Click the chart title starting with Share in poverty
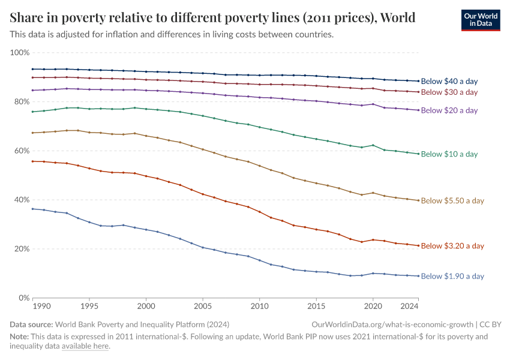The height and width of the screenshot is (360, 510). pos(212,17)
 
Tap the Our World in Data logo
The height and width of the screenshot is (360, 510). pos(480,19)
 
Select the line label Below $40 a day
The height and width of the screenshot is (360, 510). pos(449,81)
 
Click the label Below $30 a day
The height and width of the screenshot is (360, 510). pos(449,92)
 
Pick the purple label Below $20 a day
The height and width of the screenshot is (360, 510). pos(449,110)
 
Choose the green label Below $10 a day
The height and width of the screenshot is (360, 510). pos(449,154)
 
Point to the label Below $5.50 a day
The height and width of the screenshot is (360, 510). pos(452,201)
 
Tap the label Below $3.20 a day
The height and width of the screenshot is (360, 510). pos(452,246)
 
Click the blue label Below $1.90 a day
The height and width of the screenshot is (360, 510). pos(452,277)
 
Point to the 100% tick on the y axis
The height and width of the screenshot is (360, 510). pos(20,53)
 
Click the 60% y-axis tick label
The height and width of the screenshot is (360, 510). pos(22,151)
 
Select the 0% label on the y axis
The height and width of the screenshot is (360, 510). pos(24,298)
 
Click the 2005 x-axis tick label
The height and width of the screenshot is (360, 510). pos(203,307)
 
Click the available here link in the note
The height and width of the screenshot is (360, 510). pos(85,346)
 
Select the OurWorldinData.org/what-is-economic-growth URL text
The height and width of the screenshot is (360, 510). pos(389,324)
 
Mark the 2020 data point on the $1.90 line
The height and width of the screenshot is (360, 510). pos(373,274)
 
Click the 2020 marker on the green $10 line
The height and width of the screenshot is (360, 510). pos(373,145)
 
